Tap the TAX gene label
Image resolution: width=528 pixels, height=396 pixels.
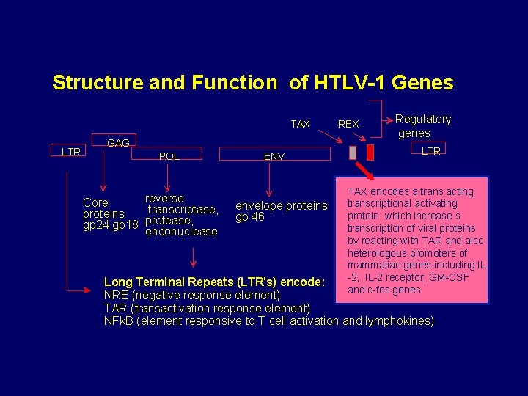point(300,124)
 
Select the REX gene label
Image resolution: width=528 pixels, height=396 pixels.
point(348,124)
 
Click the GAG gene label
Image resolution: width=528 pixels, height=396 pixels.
point(119,144)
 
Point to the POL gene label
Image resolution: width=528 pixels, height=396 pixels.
point(169,156)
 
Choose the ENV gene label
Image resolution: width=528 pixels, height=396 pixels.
point(274,156)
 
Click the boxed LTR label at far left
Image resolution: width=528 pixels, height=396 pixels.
point(71,152)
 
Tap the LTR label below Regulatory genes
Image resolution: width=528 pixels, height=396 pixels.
point(430,151)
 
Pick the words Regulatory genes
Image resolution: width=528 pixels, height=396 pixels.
point(423,125)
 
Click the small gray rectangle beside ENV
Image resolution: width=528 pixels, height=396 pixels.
point(353,153)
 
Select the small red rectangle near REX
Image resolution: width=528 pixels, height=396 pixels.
point(370,153)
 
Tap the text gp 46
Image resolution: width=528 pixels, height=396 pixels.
point(249,217)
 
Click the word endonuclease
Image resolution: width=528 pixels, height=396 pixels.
point(181,232)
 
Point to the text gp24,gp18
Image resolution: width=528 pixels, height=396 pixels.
point(111,224)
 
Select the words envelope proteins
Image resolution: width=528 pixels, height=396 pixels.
point(281,206)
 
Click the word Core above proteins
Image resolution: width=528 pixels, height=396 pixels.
point(95,202)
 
